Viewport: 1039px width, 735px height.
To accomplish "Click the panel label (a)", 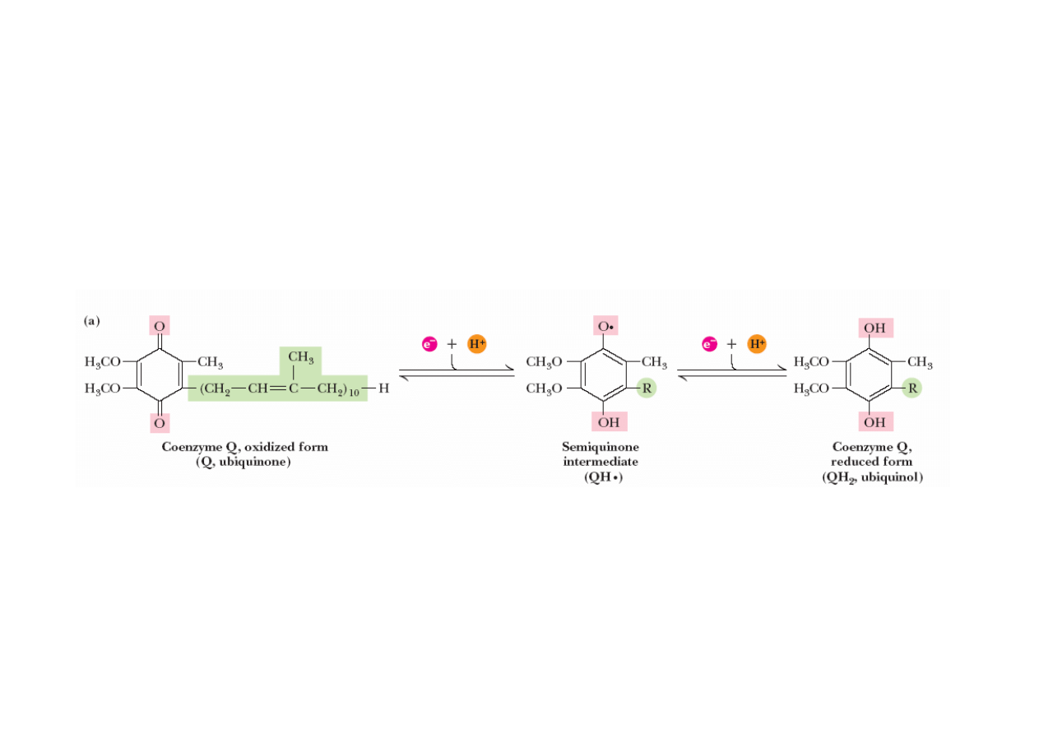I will (x=92, y=321).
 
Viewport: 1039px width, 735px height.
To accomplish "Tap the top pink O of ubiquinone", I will (x=160, y=326).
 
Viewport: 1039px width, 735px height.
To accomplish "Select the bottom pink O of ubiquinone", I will (x=160, y=423).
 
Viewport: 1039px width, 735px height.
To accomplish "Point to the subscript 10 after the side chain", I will (x=355, y=393).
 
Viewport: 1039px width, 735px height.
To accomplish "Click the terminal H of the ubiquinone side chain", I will (x=383, y=388).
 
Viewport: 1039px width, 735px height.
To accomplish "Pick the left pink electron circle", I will (x=429, y=344).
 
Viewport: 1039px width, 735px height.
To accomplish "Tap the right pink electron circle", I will (x=708, y=344).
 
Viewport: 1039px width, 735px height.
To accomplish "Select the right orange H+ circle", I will (x=757, y=344).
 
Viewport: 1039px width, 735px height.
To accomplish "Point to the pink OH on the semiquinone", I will (x=609, y=422).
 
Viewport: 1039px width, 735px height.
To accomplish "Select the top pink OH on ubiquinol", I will (x=874, y=328).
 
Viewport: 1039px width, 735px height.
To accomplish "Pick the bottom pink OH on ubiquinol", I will (x=874, y=422).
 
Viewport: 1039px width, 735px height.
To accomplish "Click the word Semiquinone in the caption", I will (x=601, y=447).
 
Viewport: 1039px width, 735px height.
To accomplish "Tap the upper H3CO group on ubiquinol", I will (x=814, y=362).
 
